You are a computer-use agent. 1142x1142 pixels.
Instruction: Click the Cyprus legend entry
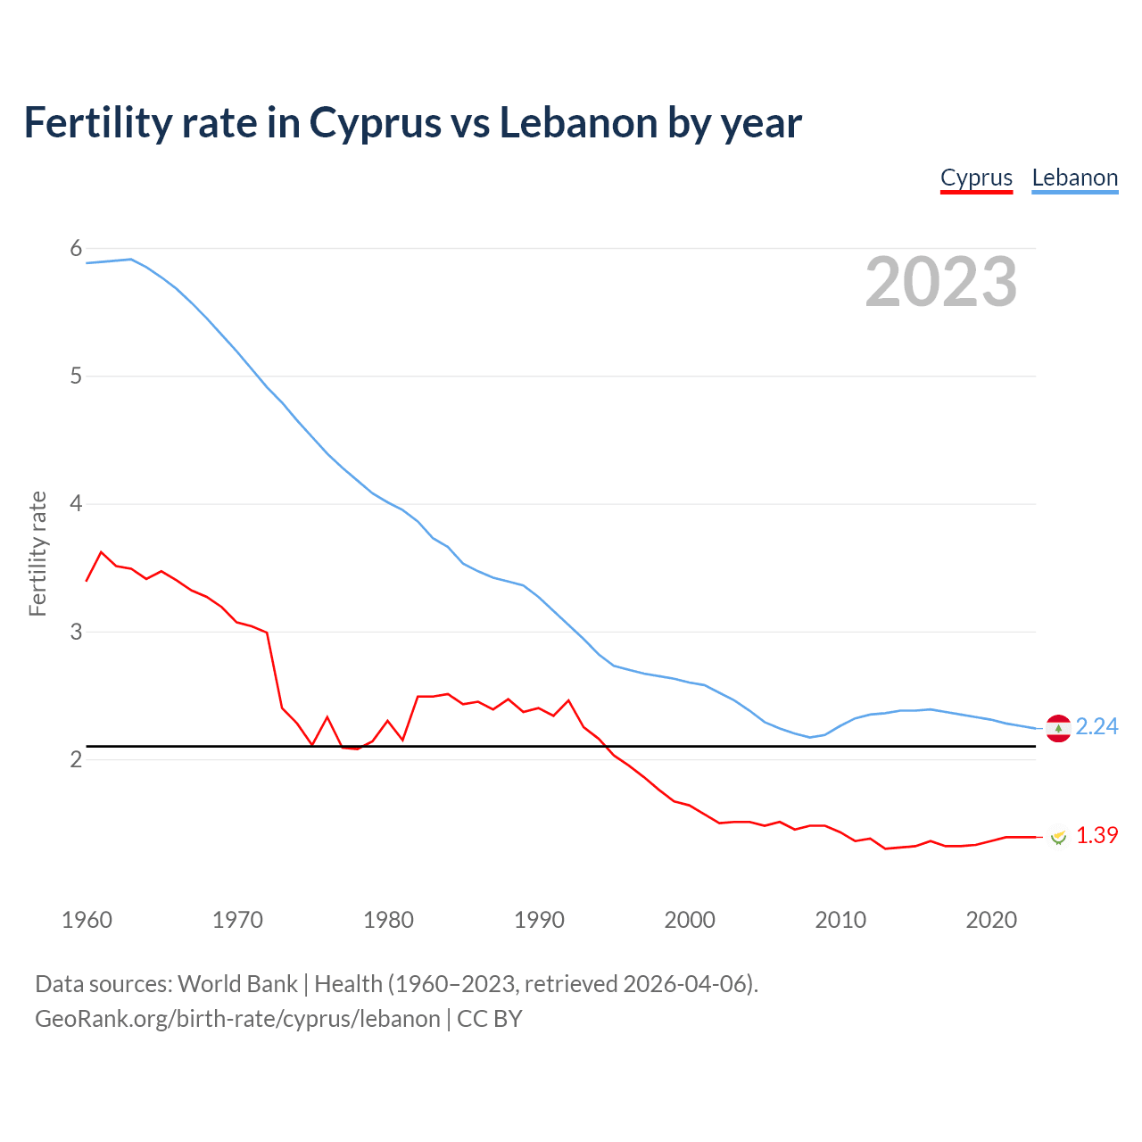(x=976, y=178)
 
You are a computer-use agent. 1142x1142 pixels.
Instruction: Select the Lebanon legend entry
(x=1074, y=178)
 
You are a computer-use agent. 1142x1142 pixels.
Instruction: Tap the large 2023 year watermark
(x=940, y=282)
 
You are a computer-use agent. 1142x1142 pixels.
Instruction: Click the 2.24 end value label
(x=1096, y=727)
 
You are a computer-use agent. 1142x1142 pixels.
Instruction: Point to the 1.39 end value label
(x=1096, y=836)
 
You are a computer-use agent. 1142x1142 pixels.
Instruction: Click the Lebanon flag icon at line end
(x=1058, y=729)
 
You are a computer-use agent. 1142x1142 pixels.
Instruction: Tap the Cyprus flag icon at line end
(x=1058, y=837)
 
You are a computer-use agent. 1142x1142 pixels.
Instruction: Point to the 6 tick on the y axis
(x=76, y=249)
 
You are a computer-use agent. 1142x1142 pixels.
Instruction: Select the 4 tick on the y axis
(x=76, y=504)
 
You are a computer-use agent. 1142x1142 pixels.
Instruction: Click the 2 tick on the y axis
(x=76, y=759)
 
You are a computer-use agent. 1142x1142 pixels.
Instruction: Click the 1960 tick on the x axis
(x=87, y=920)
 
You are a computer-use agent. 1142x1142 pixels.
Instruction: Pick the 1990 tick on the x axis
(x=539, y=920)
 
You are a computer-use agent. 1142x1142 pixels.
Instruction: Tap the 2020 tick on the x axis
(x=991, y=920)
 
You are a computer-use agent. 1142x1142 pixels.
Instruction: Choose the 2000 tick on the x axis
(x=690, y=920)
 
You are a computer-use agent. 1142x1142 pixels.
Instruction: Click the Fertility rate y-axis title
(x=37, y=553)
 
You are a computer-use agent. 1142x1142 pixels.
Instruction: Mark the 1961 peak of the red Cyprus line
(x=101, y=552)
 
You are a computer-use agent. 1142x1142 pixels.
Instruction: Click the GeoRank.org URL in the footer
(x=237, y=1019)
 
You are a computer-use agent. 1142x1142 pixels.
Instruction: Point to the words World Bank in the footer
(x=237, y=984)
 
